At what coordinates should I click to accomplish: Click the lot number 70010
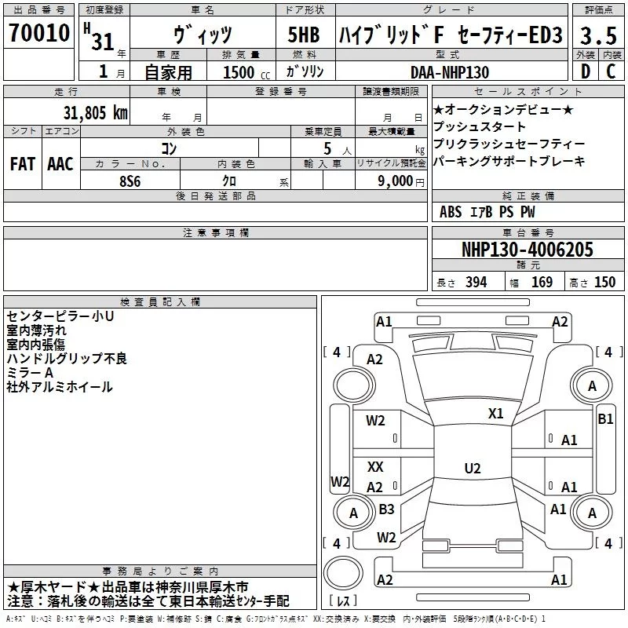(x=38, y=35)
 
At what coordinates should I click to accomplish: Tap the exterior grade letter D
(x=586, y=71)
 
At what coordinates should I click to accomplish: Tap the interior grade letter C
(x=611, y=71)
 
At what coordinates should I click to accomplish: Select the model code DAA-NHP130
(x=449, y=72)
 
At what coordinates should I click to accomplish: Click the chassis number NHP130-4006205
(x=527, y=250)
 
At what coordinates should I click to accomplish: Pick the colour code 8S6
(x=130, y=181)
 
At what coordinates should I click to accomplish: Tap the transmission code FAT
(x=22, y=164)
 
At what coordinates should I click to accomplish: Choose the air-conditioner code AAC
(x=60, y=164)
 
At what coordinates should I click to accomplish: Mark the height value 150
(x=604, y=283)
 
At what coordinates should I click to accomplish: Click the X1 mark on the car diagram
(x=496, y=413)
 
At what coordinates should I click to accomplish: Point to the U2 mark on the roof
(x=472, y=468)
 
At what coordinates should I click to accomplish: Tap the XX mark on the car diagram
(x=375, y=467)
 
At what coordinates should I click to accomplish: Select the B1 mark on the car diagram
(x=605, y=418)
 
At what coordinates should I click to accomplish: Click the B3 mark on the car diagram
(x=386, y=509)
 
